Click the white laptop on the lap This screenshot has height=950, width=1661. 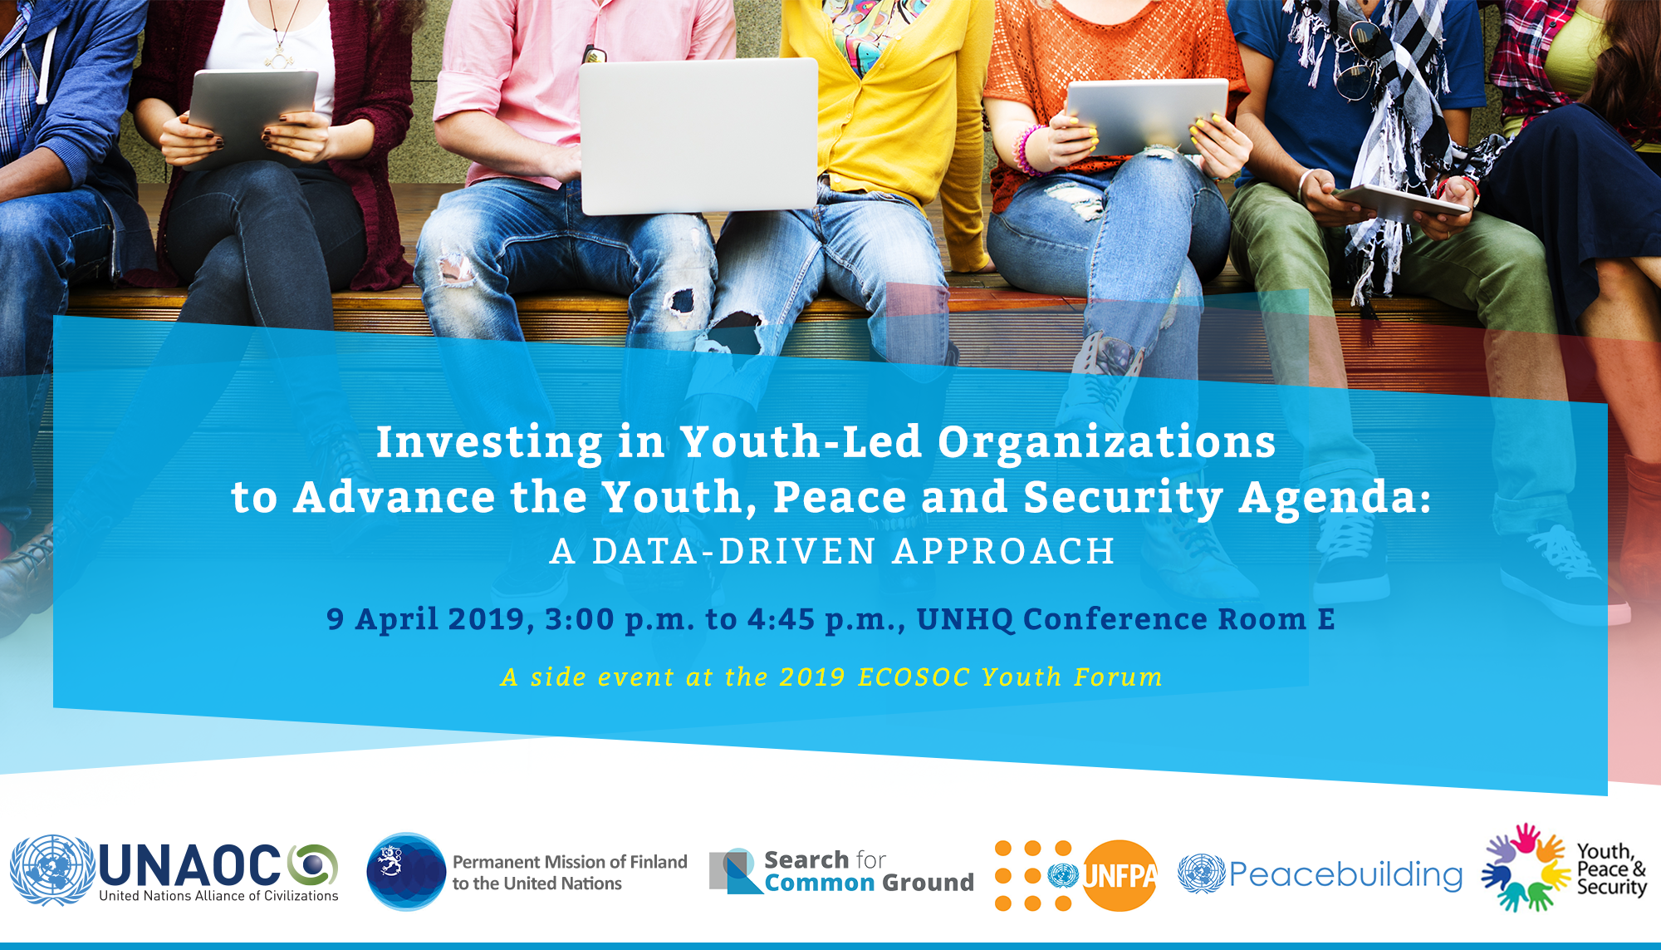pos(698,135)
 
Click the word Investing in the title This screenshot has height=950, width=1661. pos(489,442)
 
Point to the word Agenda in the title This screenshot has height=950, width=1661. pos(1335,497)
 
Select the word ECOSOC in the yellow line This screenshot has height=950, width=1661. pos(914,677)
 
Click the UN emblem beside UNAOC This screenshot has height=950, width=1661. pos(51,870)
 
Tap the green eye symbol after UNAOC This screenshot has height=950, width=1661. pos(313,864)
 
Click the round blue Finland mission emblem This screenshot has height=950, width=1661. pos(407,872)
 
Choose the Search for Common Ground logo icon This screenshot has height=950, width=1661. pos(735,871)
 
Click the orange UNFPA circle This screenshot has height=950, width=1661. pos(1120,875)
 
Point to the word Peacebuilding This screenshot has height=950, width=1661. pos(1345,874)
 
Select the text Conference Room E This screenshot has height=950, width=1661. pos(1178,619)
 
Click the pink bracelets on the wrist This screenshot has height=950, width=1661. pos(1028,150)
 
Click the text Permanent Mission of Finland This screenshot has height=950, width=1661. pos(570,862)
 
